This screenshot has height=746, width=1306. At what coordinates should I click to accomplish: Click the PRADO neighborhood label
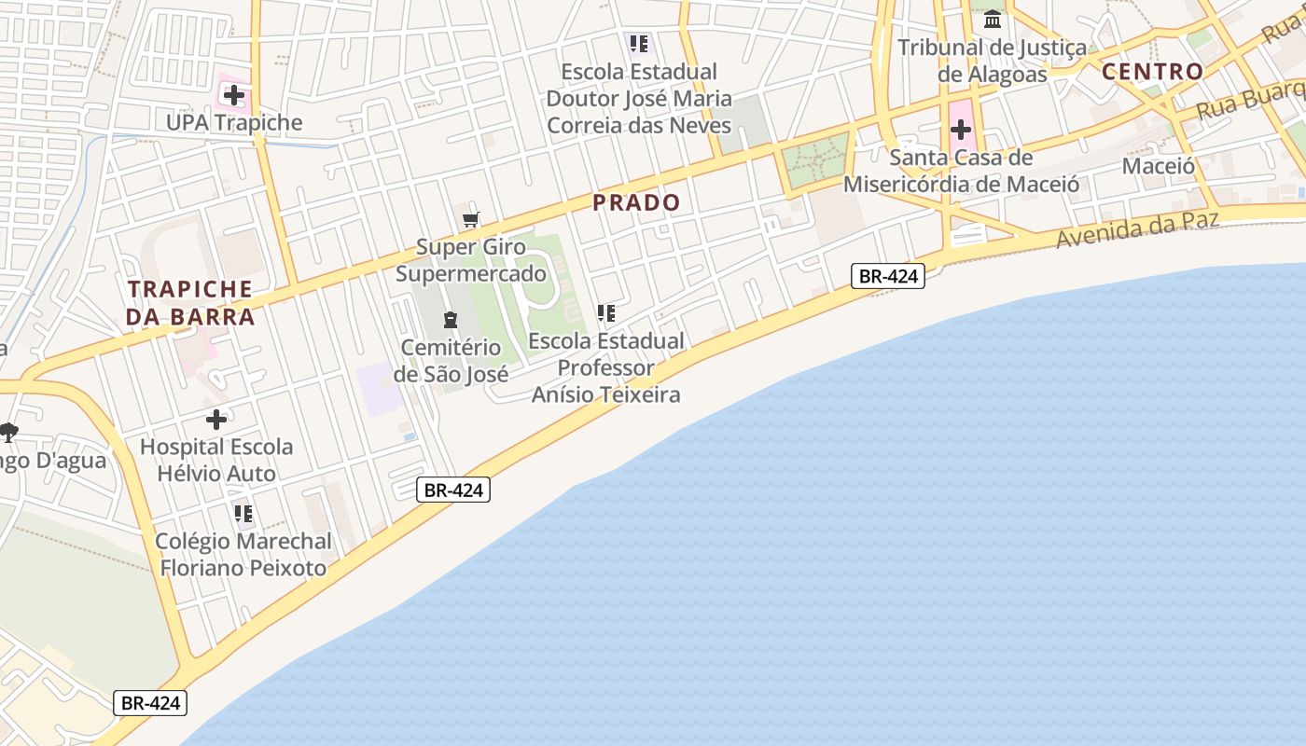[x=636, y=202]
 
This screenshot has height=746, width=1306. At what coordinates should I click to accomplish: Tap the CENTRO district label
[x=1152, y=72]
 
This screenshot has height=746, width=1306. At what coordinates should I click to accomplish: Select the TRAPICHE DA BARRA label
[x=190, y=303]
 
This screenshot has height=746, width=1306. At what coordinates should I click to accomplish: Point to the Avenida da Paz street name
[x=1137, y=228]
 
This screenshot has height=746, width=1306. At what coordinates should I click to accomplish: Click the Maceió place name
[x=1159, y=166]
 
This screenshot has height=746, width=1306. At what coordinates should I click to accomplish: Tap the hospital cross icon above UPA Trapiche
[x=233, y=95]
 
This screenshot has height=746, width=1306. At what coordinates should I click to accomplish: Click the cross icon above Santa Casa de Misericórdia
[x=961, y=130]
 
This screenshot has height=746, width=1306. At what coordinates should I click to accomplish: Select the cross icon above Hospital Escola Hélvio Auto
[x=216, y=420]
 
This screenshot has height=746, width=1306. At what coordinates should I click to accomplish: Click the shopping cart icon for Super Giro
[x=471, y=220]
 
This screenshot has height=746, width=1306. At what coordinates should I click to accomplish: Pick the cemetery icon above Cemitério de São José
[x=451, y=320]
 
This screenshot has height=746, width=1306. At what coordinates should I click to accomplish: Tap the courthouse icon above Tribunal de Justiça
[x=993, y=19]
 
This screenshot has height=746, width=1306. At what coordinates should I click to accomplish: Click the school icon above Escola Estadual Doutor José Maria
[x=639, y=44]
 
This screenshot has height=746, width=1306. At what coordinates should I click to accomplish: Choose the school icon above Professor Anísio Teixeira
[x=606, y=313]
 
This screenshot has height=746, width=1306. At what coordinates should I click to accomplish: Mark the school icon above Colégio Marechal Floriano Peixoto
[x=243, y=514]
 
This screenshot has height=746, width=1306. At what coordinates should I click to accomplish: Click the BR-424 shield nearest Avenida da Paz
[x=887, y=276]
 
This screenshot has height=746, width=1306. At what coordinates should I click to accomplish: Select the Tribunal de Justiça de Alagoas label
[x=992, y=61]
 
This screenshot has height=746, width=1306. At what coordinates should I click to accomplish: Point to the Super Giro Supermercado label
[x=471, y=260]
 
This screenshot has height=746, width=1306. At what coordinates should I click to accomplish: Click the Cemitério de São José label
[x=451, y=361]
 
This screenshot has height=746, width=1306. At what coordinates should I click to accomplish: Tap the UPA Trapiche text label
[x=234, y=123]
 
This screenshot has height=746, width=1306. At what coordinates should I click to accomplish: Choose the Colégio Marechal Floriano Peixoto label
[x=243, y=554]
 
